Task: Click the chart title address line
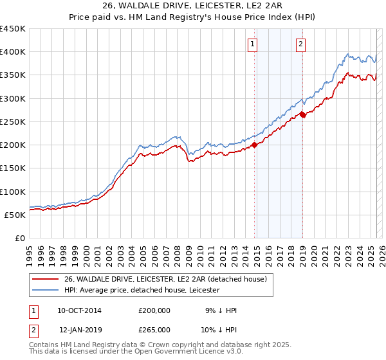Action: click(192, 6)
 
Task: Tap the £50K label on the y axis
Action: click(14, 215)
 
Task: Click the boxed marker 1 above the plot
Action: click(252, 44)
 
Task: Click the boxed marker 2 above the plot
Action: click(300, 44)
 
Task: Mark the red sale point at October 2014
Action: click(254, 145)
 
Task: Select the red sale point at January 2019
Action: click(302, 116)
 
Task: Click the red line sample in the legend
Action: click(45, 278)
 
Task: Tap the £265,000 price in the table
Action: click(154, 330)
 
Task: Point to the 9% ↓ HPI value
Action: click(221, 310)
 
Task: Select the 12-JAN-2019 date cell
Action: click(79, 330)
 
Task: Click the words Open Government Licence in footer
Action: click(174, 352)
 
